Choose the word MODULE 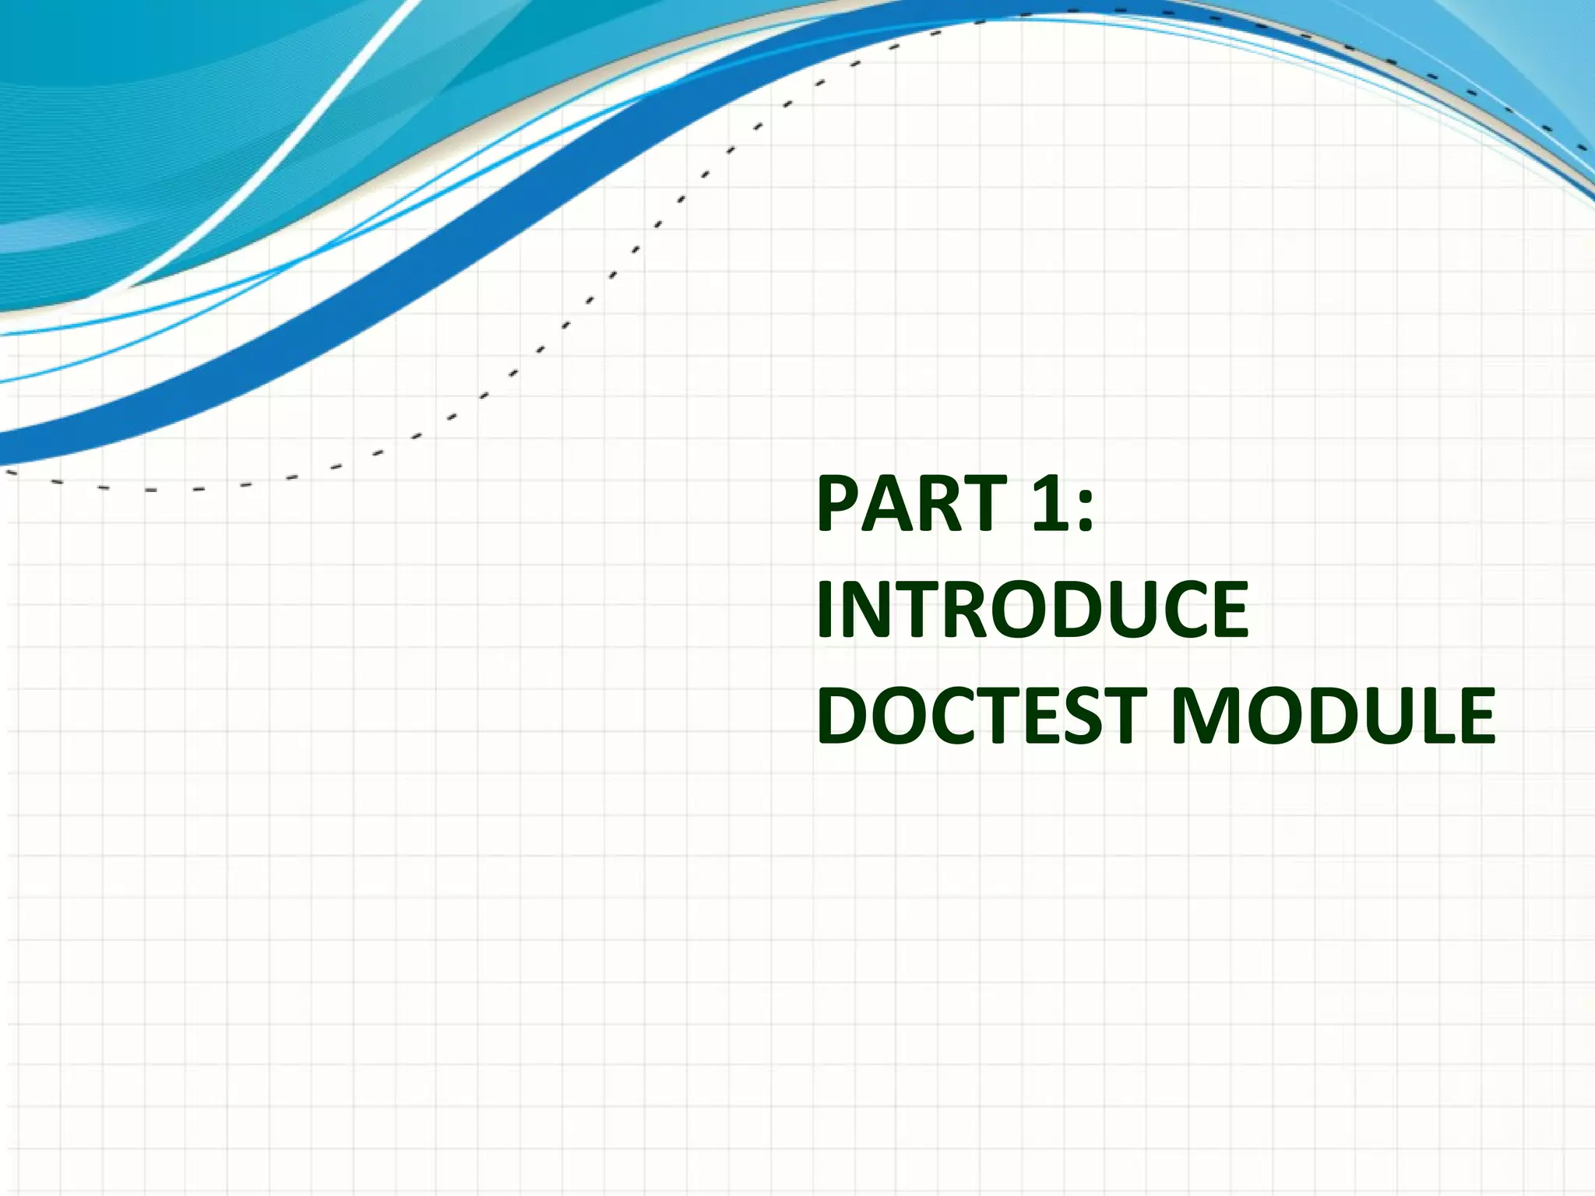[x=1332, y=715]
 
